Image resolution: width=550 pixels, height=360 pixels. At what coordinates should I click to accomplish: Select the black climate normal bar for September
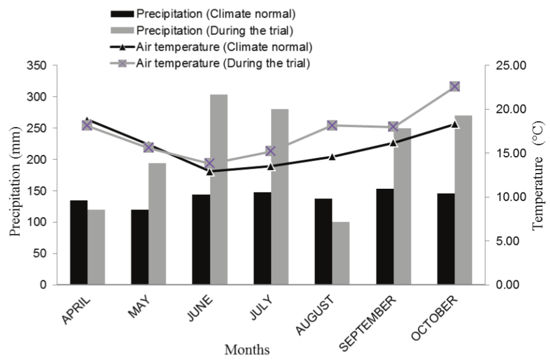click(x=384, y=237)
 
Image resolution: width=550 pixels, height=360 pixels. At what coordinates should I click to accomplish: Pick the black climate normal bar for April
click(x=79, y=242)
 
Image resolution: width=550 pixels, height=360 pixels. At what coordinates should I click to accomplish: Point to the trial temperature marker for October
click(x=455, y=87)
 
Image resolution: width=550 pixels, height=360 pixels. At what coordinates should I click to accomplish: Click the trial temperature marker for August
click(x=332, y=125)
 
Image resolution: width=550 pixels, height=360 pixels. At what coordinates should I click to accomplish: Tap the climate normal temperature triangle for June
click(x=210, y=171)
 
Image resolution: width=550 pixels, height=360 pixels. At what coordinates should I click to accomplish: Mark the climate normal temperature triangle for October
click(x=455, y=124)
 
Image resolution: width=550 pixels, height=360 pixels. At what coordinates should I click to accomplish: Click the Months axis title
click(x=247, y=349)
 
